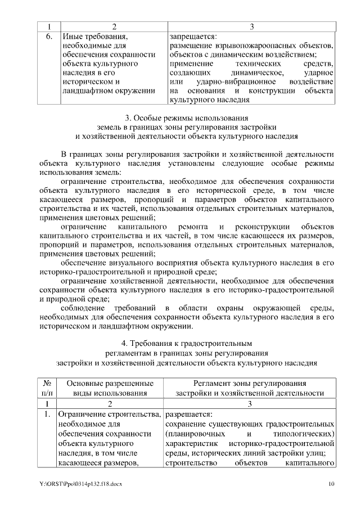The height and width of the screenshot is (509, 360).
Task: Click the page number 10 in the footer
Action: coord(332,484)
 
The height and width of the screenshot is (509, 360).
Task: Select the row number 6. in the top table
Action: coord(48,36)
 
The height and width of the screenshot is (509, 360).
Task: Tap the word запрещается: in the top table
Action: coord(192,36)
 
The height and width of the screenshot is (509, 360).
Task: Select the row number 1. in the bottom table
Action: coord(48,414)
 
